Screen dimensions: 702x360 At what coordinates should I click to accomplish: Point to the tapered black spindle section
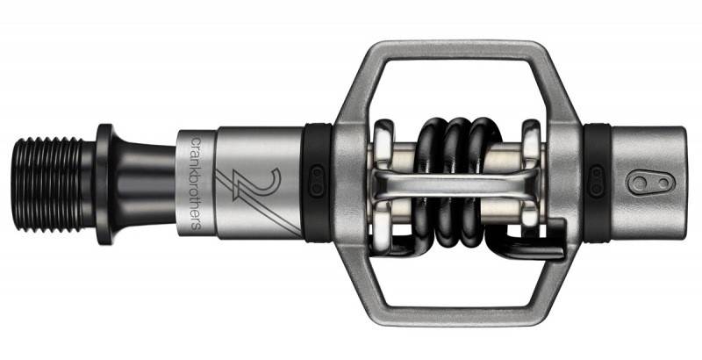point(143,184)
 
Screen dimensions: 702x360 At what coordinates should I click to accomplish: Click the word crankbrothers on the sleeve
point(196,184)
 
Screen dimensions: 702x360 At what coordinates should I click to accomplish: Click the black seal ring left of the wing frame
point(316,184)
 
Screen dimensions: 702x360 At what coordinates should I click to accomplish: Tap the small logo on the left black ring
point(318,181)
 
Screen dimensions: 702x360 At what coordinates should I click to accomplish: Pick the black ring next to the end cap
point(597,184)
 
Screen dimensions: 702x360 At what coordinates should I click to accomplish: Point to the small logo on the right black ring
point(597,181)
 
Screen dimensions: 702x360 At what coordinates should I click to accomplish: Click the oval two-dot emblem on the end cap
point(651,183)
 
